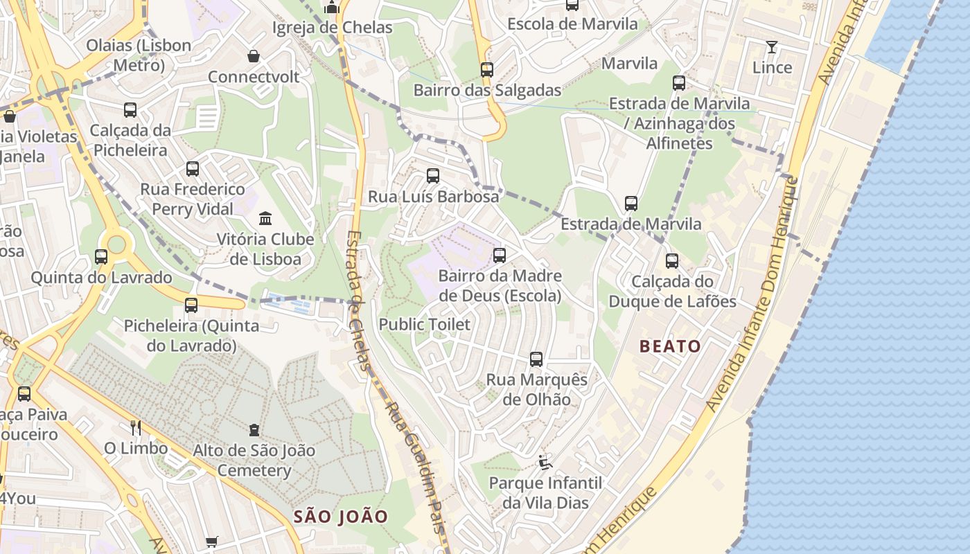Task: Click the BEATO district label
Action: [670, 346]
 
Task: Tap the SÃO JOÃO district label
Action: [340, 517]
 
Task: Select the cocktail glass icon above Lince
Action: [772, 47]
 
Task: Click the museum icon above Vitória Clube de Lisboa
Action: [265, 219]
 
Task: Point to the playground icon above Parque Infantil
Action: [545, 462]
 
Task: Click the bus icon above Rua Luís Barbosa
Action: [433, 176]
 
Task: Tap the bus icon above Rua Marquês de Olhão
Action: [536, 359]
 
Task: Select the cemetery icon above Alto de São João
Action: [254, 430]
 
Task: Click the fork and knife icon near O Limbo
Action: [136, 427]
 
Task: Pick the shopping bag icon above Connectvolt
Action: [254, 56]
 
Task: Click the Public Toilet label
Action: [424, 324]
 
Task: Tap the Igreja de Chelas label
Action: [333, 28]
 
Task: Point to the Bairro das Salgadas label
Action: [487, 90]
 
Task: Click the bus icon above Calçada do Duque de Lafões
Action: [672, 261]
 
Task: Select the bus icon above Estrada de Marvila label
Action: [631, 204]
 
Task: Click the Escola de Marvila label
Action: [572, 24]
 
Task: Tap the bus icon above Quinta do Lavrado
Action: [101, 257]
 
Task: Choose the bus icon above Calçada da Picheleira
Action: [130, 110]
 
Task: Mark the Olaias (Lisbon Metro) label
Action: [139, 55]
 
